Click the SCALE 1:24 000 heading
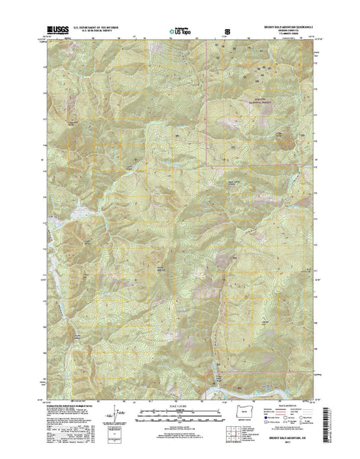180,418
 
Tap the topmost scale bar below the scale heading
180,424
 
